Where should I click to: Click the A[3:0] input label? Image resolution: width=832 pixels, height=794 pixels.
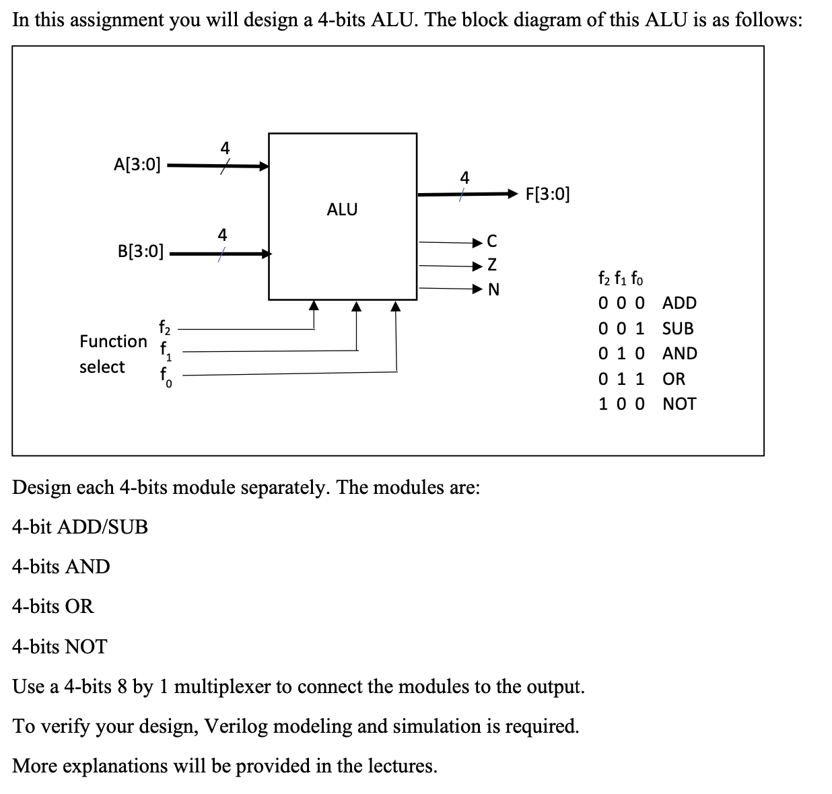[137, 164]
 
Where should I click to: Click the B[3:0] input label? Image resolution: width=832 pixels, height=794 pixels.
[140, 252]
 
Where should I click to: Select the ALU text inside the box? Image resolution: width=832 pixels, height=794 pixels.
[342, 210]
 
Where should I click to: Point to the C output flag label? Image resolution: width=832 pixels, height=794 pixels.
[492, 241]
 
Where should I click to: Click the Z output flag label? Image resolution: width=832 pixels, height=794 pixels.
[492, 266]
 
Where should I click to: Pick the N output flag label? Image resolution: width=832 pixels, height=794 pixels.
[493, 290]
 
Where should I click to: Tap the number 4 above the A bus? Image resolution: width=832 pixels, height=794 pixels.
[225, 147]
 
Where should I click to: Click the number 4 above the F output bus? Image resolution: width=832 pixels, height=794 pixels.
[464, 178]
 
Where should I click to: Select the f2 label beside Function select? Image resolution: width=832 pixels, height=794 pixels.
[165, 328]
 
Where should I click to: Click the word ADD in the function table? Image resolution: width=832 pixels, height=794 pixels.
[679, 303]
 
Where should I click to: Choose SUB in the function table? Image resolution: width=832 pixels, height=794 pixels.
[678, 328]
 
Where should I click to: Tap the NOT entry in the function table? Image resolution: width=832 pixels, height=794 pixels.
[679, 404]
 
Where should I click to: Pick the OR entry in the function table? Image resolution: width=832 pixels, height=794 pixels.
[674, 379]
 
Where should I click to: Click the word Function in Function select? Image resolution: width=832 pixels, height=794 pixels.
[113, 341]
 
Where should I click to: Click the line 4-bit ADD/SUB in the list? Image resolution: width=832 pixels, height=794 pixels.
[80, 527]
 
